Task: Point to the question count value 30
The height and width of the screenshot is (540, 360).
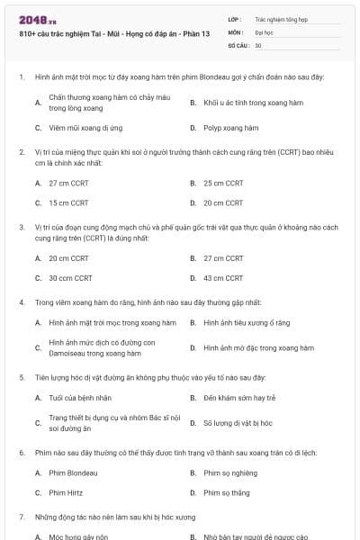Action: click(258, 44)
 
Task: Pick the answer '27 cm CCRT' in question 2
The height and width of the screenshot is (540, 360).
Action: click(68, 183)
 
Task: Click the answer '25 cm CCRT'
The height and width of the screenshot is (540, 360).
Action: click(223, 183)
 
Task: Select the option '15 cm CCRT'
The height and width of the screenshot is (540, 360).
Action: click(68, 203)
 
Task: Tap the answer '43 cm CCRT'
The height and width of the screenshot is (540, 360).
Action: click(223, 278)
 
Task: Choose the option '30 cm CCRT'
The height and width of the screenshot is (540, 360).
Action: click(70, 278)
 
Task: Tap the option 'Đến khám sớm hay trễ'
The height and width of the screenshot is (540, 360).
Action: click(239, 397)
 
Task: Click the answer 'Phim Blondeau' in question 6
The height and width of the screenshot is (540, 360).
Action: click(73, 472)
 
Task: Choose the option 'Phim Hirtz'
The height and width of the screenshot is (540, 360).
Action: click(67, 492)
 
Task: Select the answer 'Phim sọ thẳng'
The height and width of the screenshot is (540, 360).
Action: click(226, 492)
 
